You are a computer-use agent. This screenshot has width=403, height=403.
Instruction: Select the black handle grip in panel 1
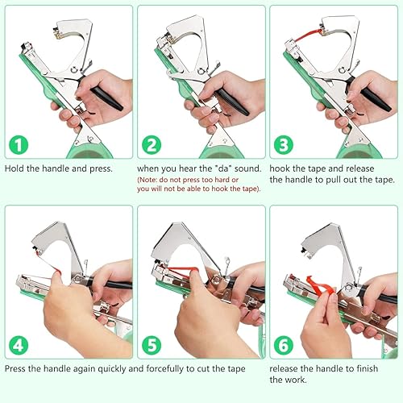pyautogui.click(x=108, y=100)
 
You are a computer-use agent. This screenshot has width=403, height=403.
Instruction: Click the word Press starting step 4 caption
pyautogui.click(x=18, y=369)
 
